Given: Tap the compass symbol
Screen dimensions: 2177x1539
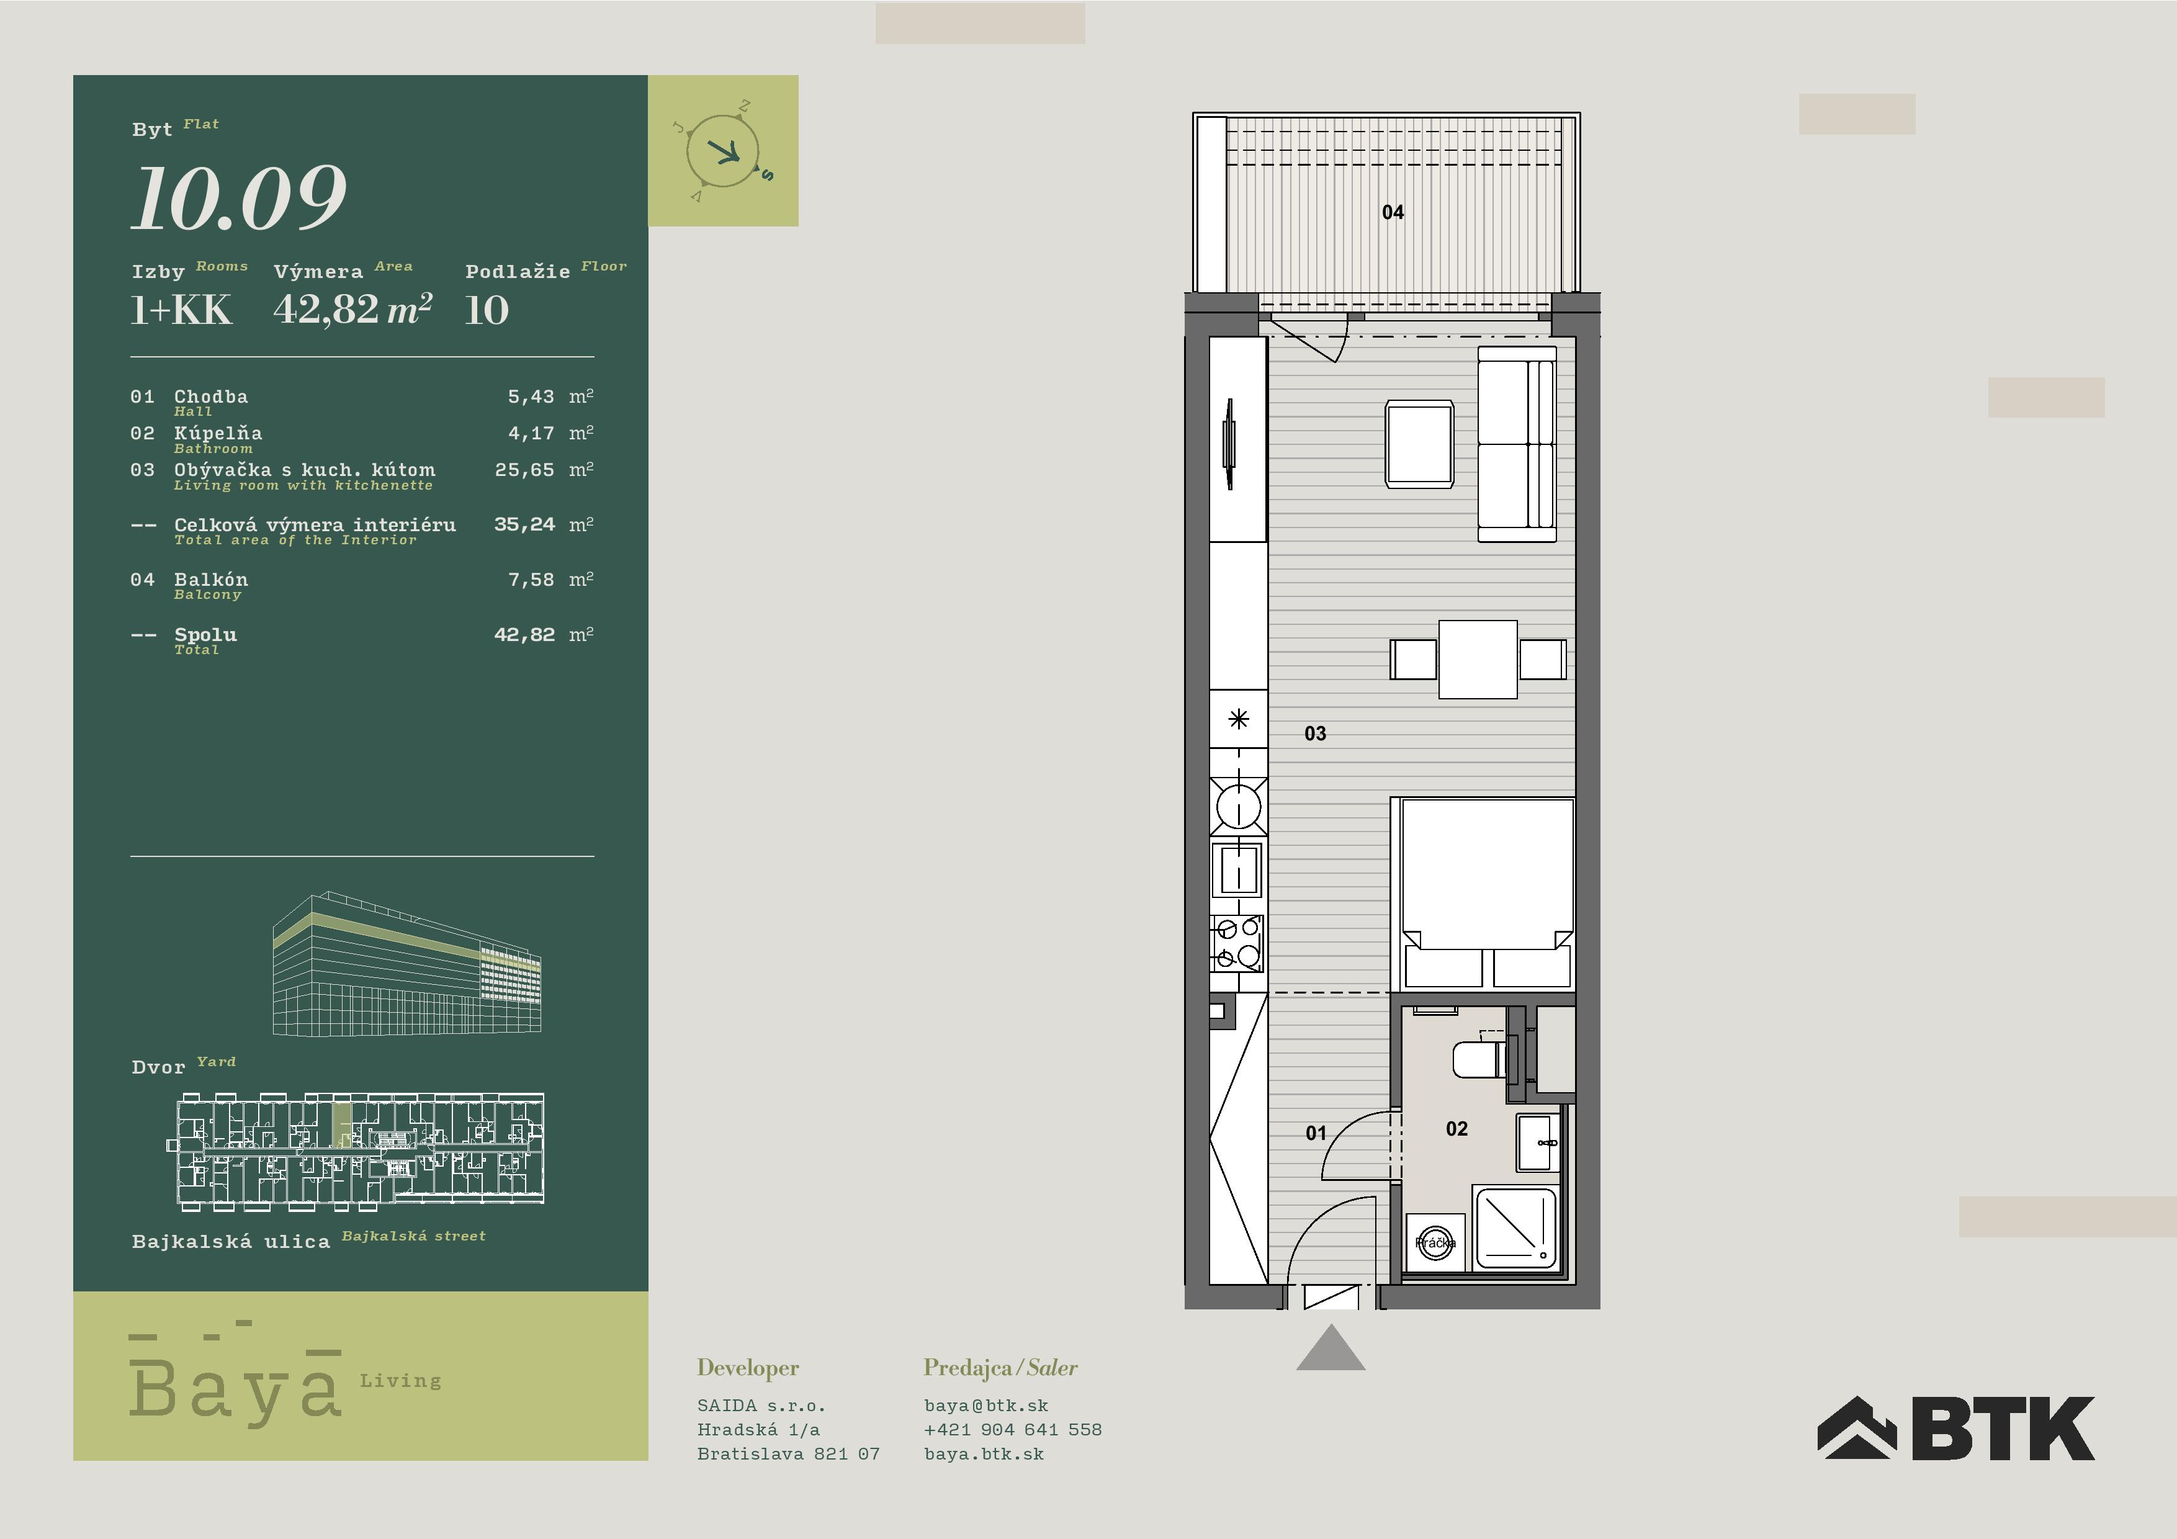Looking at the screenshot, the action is (724, 151).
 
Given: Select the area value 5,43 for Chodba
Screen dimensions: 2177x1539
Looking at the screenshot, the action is (531, 397).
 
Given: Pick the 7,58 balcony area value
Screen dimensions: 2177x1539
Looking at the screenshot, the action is (531, 580).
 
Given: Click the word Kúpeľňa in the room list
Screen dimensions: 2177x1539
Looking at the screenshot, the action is (218, 433).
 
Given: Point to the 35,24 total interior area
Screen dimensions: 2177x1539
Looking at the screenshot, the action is (524, 524).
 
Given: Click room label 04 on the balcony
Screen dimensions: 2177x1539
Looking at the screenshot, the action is (1393, 212).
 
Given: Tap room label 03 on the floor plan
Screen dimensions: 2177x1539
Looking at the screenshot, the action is (1315, 733).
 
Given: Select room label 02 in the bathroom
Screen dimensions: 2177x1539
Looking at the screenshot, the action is (1457, 1128).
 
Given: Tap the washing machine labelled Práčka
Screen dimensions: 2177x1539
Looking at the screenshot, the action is (1435, 1242).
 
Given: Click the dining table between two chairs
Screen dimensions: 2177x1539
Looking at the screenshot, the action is (1477, 659).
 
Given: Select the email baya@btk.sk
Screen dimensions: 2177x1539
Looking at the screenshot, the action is (986, 1406).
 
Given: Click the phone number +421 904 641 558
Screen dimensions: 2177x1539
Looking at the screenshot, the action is (1013, 1429).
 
